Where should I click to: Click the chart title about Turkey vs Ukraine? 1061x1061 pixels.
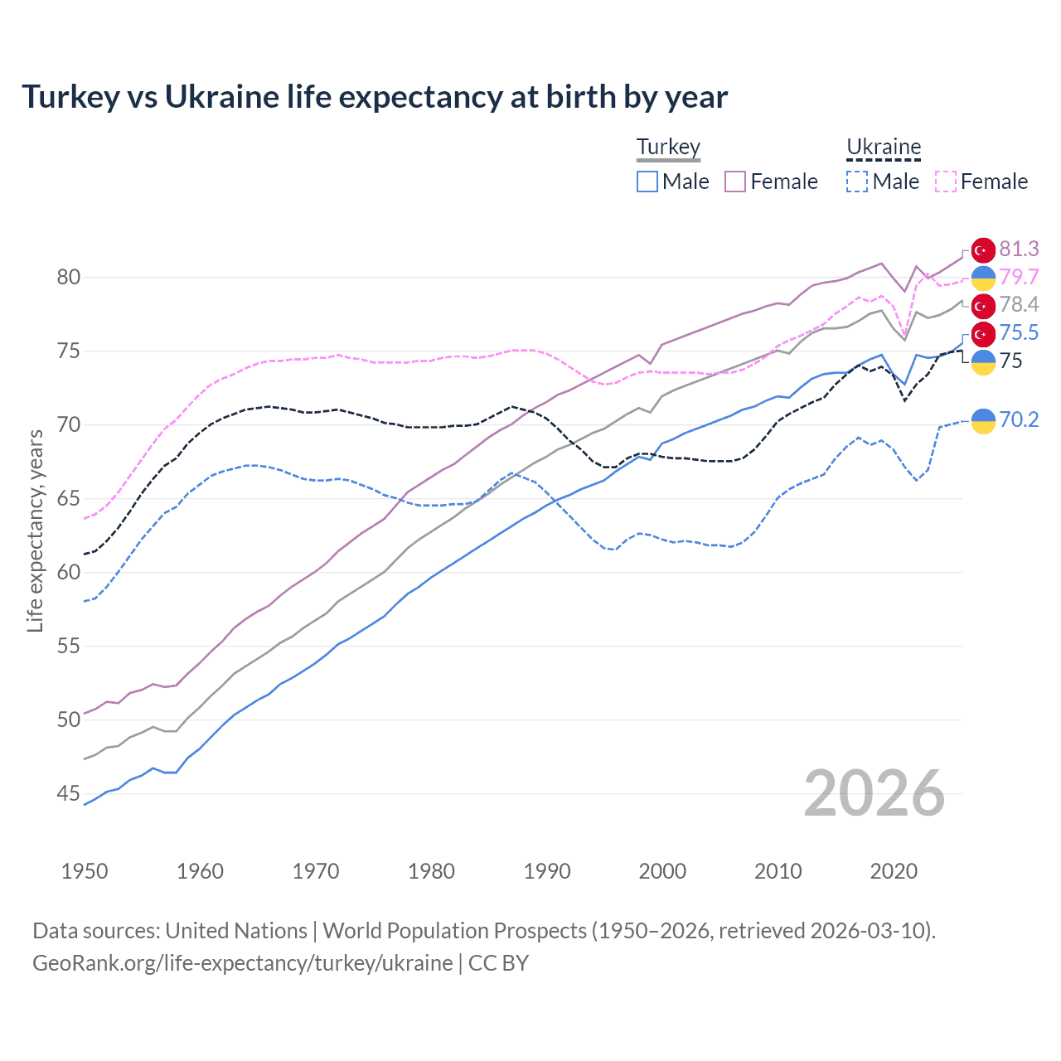(375, 97)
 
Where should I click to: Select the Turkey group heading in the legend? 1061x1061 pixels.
(668, 148)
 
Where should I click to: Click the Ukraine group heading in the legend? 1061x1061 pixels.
(884, 148)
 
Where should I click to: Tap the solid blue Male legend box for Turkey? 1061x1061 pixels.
(647, 182)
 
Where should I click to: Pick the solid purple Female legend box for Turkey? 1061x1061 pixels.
(735, 182)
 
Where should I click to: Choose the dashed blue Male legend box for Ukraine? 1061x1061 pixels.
(857, 182)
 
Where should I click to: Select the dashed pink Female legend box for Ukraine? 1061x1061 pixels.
(946, 182)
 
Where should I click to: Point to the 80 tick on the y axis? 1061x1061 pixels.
(69, 278)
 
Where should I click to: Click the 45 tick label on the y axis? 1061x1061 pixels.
(69, 794)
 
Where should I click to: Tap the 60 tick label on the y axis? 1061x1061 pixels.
(69, 573)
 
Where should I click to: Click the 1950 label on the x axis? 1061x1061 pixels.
(85, 871)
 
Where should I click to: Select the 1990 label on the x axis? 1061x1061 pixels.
(547, 871)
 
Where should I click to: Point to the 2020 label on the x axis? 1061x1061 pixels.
(894, 871)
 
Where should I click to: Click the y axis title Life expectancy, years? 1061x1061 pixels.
(35, 530)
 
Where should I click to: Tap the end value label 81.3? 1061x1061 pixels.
(1019, 250)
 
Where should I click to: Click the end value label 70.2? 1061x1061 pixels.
(1019, 420)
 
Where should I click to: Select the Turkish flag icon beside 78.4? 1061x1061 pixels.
(983, 306)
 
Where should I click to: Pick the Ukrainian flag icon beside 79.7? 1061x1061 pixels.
(983, 279)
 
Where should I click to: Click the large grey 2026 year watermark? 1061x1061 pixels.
(874, 794)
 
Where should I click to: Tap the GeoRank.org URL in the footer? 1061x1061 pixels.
(242, 963)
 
